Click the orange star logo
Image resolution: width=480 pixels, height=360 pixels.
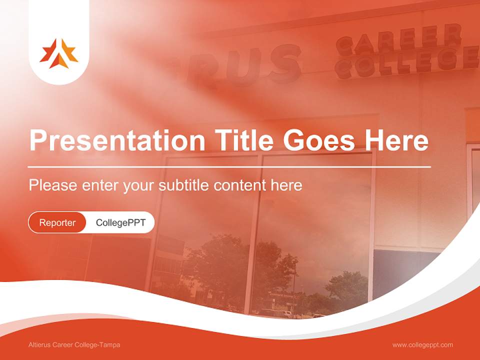[59, 53]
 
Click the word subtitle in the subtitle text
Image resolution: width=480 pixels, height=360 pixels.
[184, 185]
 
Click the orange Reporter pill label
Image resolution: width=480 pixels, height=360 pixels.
[57, 222]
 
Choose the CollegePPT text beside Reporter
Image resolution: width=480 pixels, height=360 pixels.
[120, 222]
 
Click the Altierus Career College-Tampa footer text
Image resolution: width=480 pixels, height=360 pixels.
[74, 345]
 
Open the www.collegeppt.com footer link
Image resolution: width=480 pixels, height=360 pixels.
[422, 345]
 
